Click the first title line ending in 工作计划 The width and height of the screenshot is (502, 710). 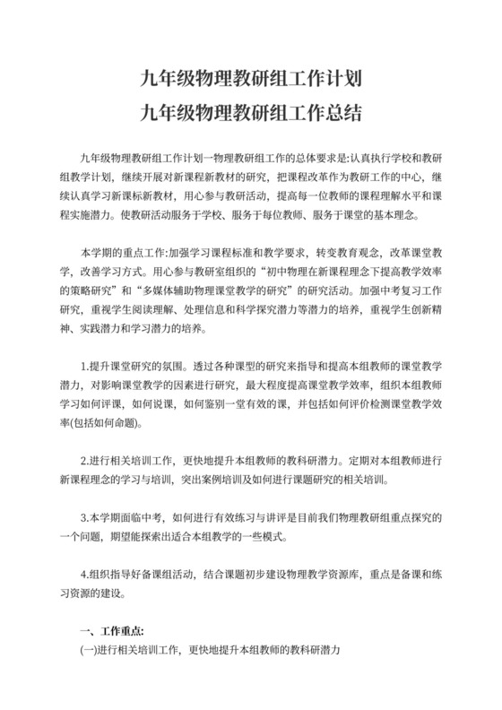[251, 78]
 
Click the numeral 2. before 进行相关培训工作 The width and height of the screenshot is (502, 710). [84, 462]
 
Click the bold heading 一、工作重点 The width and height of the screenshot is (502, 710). [112, 630]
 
